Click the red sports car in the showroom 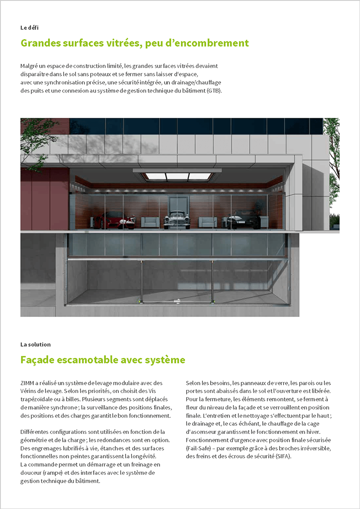(x=114, y=220)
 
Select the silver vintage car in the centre (x=177, y=220)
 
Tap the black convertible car (x=243, y=220)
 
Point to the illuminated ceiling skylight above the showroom (x=177, y=176)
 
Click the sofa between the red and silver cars (x=150, y=222)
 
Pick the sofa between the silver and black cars (x=207, y=222)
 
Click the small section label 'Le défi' (x=30, y=27)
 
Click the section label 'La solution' (x=36, y=344)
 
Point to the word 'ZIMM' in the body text (x=27, y=383)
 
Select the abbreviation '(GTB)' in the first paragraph (x=215, y=90)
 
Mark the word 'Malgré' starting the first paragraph (x=30, y=66)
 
